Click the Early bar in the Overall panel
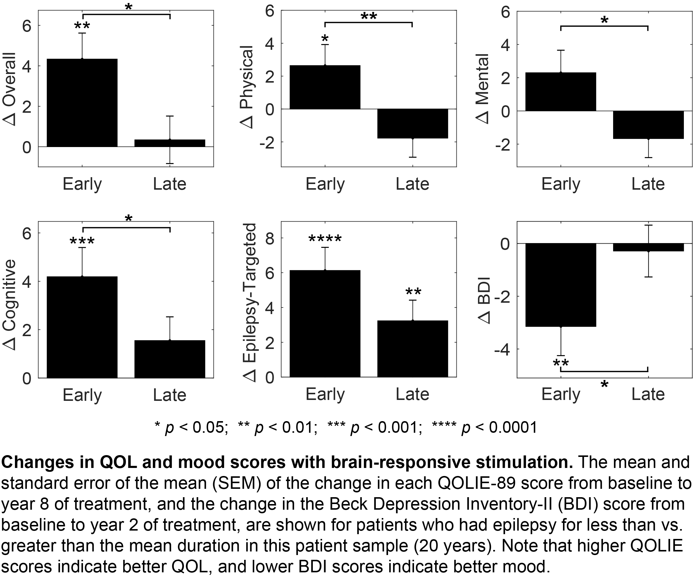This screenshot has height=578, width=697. click(82, 103)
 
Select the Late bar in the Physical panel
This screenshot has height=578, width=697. click(413, 123)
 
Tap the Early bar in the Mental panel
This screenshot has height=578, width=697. click(561, 92)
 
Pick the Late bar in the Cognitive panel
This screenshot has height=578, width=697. click(170, 359)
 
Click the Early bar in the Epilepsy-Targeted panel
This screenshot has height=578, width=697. click(325, 324)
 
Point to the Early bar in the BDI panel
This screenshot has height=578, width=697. click(561, 285)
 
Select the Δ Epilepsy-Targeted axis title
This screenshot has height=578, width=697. click(250, 302)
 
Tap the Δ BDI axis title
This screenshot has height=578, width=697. click(484, 300)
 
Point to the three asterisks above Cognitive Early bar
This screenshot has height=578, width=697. click(82, 241)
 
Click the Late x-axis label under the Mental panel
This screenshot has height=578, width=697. click(648, 184)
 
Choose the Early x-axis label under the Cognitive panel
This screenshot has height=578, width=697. click(82, 395)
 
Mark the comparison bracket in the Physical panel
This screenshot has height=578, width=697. click(368, 23)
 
